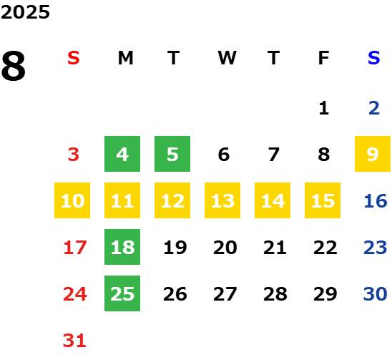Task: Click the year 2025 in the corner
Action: click(x=25, y=12)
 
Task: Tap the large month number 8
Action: click(x=14, y=66)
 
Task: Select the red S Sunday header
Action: click(x=74, y=58)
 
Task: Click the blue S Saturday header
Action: click(x=373, y=58)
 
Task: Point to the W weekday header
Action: click(x=227, y=58)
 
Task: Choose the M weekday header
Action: click(x=125, y=58)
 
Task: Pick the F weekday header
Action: click(x=324, y=58)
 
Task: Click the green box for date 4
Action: click(x=122, y=154)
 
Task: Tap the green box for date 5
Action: click(x=172, y=154)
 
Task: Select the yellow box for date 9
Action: click(x=373, y=154)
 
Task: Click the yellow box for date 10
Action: click(x=72, y=200)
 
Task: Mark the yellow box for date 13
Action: click(x=222, y=200)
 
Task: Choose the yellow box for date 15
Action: click(x=323, y=200)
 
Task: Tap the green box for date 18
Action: click(x=122, y=247)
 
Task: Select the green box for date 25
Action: click(x=122, y=293)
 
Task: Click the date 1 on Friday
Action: click(x=324, y=108)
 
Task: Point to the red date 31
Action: click(x=74, y=341)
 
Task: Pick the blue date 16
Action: click(x=376, y=201)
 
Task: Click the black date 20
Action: click(x=225, y=248)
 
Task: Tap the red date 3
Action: click(x=74, y=155)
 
